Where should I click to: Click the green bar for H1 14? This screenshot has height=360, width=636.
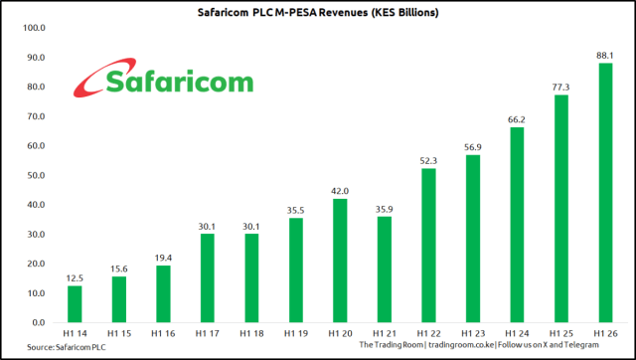[x=75, y=304]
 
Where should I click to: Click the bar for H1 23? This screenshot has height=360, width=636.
[x=472, y=239]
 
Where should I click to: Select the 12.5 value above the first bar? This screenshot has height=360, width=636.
[x=75, y=277]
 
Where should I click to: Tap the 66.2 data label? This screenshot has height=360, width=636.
[x=516, y=119]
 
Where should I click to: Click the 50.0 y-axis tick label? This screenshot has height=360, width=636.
[x=34, y=176]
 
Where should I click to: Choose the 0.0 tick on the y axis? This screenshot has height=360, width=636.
[x=37, y=323]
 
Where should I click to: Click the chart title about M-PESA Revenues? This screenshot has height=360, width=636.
[x=318, y=12]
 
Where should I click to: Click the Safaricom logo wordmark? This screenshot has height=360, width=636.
[x=179, y=82]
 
